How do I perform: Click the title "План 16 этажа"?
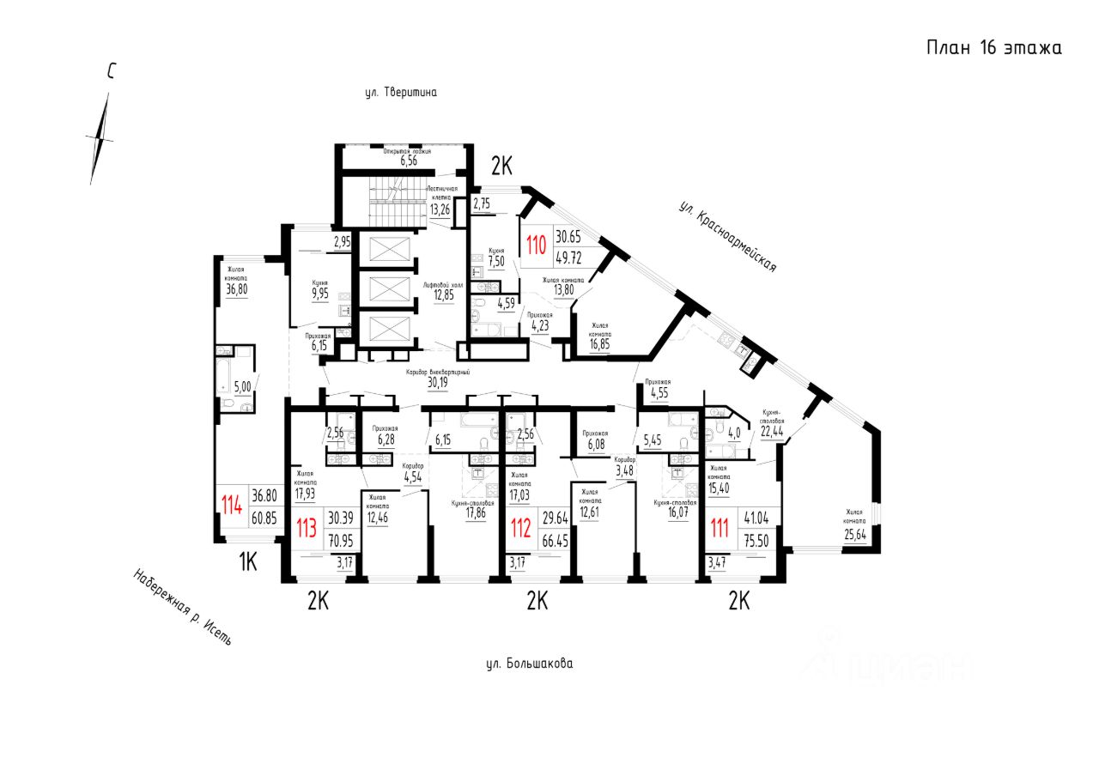click(x=993, y=48)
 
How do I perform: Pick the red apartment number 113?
click(x=306, y=524)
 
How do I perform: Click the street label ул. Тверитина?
click(x=401, y=93)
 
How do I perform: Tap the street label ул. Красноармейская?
click(x=728, y=236)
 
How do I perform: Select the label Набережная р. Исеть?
click(x=182, y=607)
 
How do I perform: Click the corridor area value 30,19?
click(x=438, y=382)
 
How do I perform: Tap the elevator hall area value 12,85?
click(x=443, y=296)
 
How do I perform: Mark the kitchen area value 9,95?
click(x=320, y=293)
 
